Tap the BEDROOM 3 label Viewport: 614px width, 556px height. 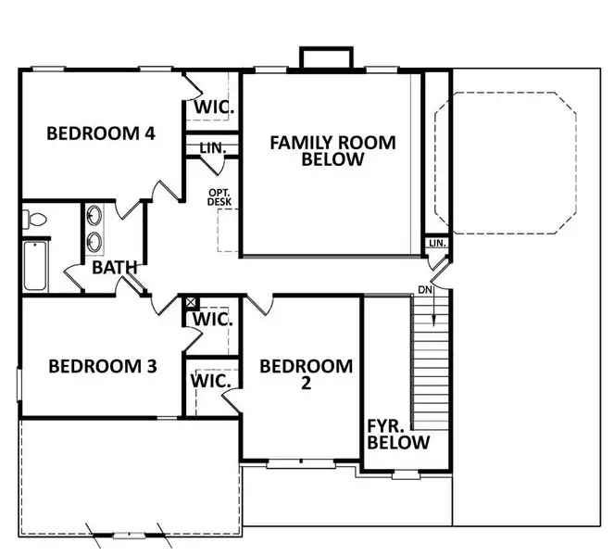point(102,366)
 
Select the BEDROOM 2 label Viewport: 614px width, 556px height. point(306,374)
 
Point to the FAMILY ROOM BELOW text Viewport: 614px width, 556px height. point(332,150)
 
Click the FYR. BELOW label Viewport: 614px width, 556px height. point(398,434)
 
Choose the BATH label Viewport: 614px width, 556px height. point(115,268)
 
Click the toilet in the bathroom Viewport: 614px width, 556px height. point(33,221)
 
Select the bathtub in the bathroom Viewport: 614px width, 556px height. point(33,267)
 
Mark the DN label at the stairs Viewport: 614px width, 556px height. point(425,290)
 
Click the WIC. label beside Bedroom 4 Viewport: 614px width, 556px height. point(213,107)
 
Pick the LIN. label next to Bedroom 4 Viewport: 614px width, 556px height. point(212,147)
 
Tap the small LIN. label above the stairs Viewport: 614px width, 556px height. point(437,244)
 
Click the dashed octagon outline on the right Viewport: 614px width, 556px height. point(506,162)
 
